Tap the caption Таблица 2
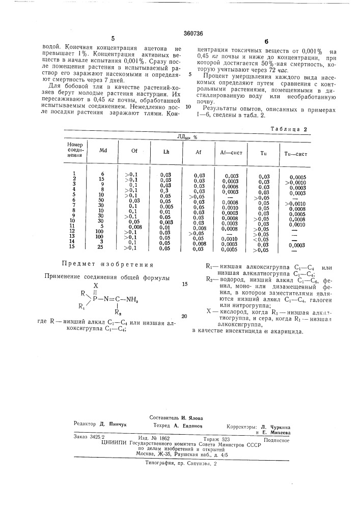click(x=289, y=129)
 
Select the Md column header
click(x=103, y=151)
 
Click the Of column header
click(x=134, y=151)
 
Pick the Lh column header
click(x=166, y=152)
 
